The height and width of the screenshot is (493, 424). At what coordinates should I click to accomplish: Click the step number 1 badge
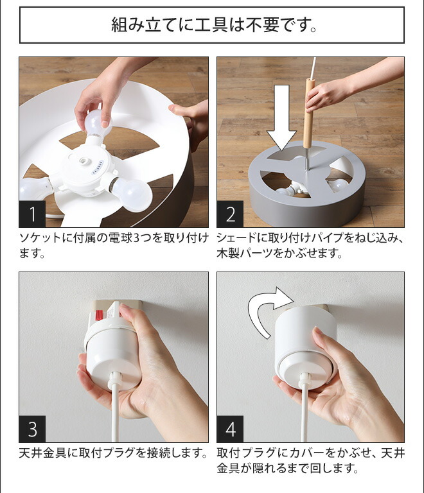(x=32, y=214)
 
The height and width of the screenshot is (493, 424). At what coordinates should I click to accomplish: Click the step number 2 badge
(x=230, y=214)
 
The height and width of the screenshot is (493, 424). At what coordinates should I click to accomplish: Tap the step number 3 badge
(x=32, y=429)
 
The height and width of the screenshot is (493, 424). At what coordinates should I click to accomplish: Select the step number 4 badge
(x=230, y=429)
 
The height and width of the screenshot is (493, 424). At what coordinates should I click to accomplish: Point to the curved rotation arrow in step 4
(x=263, y=309)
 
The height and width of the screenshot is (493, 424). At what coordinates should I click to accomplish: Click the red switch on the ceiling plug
(x=99, y=315)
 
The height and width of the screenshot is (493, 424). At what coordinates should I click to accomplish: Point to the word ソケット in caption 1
(x=40, y=238)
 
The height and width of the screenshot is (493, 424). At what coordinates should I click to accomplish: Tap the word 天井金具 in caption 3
(x=43, y=453)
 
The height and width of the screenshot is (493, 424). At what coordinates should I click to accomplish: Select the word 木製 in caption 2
(x=228, y=254)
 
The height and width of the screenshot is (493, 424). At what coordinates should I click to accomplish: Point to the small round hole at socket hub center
(x=84, y=161)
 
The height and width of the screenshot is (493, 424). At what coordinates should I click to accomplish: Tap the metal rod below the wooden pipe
(x=308, y=159)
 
